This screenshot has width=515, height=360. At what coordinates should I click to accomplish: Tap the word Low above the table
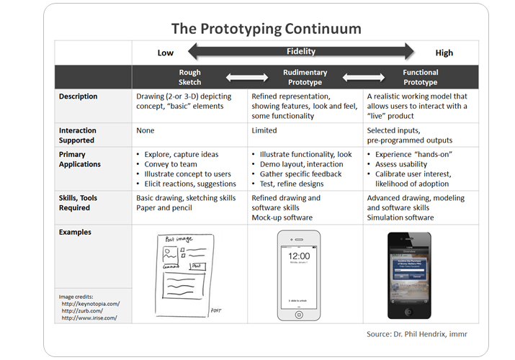(x=166, y=53)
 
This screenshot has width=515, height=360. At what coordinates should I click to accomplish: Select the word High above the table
(x=444, y=53)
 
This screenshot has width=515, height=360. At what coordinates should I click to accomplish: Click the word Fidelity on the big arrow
(x=301, y=51)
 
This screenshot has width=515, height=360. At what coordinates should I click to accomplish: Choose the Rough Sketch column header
(x=190, y=77)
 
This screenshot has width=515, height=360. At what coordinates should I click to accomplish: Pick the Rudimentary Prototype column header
(x=305, y=77)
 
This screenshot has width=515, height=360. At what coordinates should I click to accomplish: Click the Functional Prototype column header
(x=421, y=77)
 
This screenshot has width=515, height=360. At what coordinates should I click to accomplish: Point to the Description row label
(x=79, y=96)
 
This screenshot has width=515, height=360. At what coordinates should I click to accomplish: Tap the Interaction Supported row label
(x=78, y=135)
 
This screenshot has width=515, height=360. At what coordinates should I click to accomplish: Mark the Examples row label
(x=75, y=233)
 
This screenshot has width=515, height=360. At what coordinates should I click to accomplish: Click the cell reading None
(x=146, y=131)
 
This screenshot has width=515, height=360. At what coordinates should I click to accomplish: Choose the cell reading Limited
(x=264, y=131)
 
